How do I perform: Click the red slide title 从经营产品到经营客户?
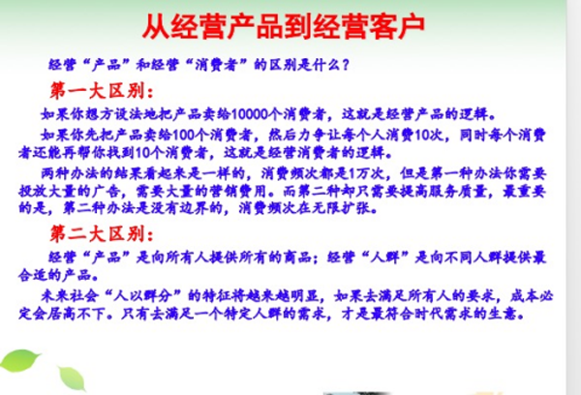click(290, 24)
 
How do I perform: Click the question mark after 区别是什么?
click(346, 67)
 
